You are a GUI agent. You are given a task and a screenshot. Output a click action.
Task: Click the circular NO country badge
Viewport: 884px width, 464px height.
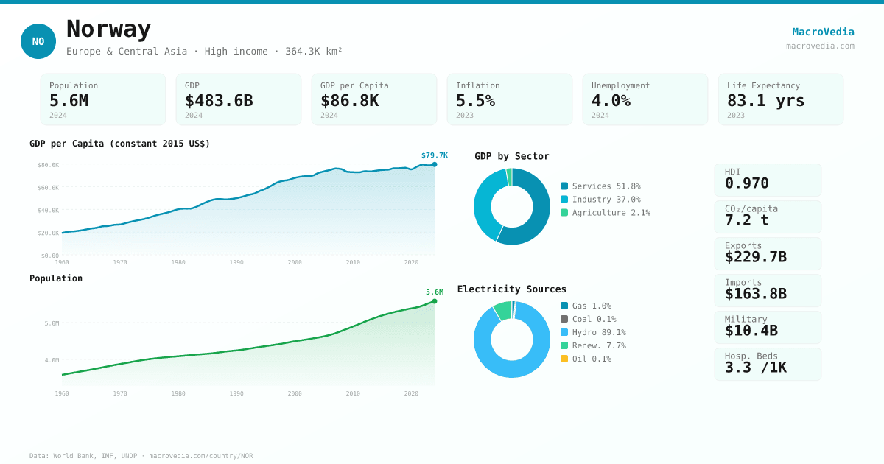[x=38, y=41]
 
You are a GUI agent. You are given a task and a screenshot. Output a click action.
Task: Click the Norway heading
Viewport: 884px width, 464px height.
[x=108, y=29]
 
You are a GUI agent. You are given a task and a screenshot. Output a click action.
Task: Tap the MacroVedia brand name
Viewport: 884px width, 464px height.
[x=823, y=32]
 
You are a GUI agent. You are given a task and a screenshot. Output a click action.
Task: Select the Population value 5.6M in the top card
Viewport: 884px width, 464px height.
[x=69, y=101]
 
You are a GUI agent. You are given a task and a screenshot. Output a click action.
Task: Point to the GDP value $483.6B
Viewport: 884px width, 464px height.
[x=219, y=101]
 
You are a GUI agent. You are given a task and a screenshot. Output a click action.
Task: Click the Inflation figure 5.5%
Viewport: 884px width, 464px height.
[x=475, y=101]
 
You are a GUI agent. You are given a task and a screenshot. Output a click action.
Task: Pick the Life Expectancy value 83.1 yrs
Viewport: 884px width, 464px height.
[x=765, y=101]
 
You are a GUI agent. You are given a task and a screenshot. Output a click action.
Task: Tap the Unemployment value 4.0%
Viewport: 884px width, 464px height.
[x=611, y=101]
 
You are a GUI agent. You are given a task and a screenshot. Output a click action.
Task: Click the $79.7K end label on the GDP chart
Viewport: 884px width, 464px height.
[x=434, y=155]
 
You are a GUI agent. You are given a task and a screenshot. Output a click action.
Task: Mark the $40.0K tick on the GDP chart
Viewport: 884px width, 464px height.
[x=49, y=211]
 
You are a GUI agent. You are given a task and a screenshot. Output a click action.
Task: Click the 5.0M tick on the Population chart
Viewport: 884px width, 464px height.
[x=52, y=323]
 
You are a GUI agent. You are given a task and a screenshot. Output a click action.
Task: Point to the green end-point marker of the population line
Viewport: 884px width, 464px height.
[x=435, y=301]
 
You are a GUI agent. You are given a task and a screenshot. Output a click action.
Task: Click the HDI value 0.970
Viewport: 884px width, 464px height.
[x=746, y=183]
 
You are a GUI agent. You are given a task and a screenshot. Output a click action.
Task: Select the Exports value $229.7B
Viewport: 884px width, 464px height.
[x=755, y=257]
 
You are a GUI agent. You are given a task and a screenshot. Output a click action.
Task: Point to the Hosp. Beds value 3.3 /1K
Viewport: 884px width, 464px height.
[x=755, y=367]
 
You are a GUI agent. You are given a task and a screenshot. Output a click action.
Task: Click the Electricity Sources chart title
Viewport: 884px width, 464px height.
[x=511, y=289]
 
